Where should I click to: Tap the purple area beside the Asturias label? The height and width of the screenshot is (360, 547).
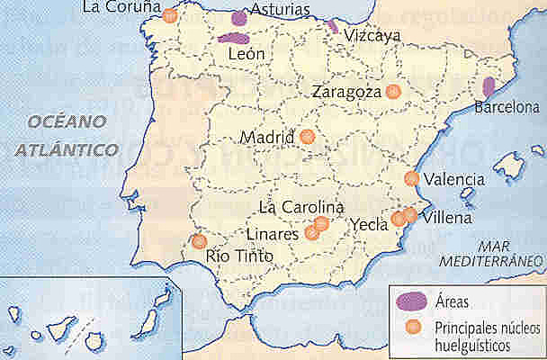pos(239,17)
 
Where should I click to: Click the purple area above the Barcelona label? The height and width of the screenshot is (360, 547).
pos(489,87)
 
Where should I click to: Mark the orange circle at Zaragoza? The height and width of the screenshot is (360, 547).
pos(392,91)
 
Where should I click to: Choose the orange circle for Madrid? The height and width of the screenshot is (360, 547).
pos(307,137)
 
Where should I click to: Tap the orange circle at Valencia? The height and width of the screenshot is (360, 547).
pos(412,178)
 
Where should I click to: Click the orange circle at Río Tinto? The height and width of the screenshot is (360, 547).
pos(200,241)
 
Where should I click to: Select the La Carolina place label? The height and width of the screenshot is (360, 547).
pos(300,206)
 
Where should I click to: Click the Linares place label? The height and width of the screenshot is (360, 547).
pos(272,234)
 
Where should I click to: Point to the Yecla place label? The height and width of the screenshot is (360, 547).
pos(369,225)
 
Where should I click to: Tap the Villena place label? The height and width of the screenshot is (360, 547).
pos(444,218)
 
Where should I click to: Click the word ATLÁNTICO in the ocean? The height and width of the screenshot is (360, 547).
pos(66,149)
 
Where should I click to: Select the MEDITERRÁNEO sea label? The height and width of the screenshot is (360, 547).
pos(493,259)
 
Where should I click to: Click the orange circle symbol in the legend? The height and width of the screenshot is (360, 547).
pos(413,326)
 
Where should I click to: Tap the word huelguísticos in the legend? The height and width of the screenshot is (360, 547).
pos(477,344)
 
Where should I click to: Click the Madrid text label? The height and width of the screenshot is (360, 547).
pos(268,138)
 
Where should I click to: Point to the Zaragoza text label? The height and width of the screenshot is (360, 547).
pos(346,92)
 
